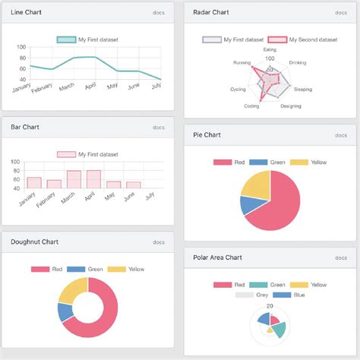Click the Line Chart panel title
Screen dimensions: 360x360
coord(27,12)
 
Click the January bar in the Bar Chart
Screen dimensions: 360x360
coord(34,183)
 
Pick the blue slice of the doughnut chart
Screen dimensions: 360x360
coord(66,312)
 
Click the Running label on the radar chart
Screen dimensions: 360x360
coord(242,63)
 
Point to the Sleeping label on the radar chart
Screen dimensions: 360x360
coord(302,90)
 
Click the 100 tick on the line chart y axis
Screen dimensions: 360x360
coord(21,47)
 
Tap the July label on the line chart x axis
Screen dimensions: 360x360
coord(156,87)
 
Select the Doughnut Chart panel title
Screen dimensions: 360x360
coord(35,242)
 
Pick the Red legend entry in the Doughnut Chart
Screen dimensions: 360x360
coord(50,269)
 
